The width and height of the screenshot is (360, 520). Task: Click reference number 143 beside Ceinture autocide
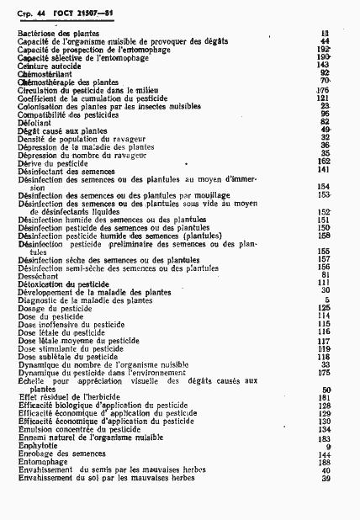[x=322, y=63]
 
